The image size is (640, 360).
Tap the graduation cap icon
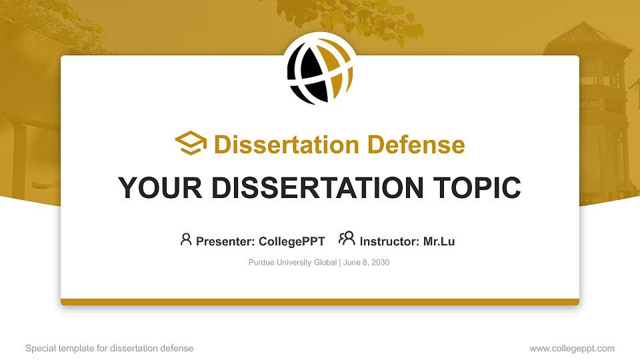pos(191,143)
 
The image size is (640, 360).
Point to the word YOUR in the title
pos(151,188)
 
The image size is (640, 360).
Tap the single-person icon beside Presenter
pos(186,239)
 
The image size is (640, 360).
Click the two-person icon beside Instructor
pos(347,239)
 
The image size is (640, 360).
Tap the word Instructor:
pos(389,241)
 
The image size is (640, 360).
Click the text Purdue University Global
pos(293,263)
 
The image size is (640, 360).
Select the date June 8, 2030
pos(366,263)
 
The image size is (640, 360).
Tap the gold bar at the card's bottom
pos(320,302)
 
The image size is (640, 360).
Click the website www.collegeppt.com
pos(572,348)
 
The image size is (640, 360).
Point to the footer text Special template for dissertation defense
pos(109,348)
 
